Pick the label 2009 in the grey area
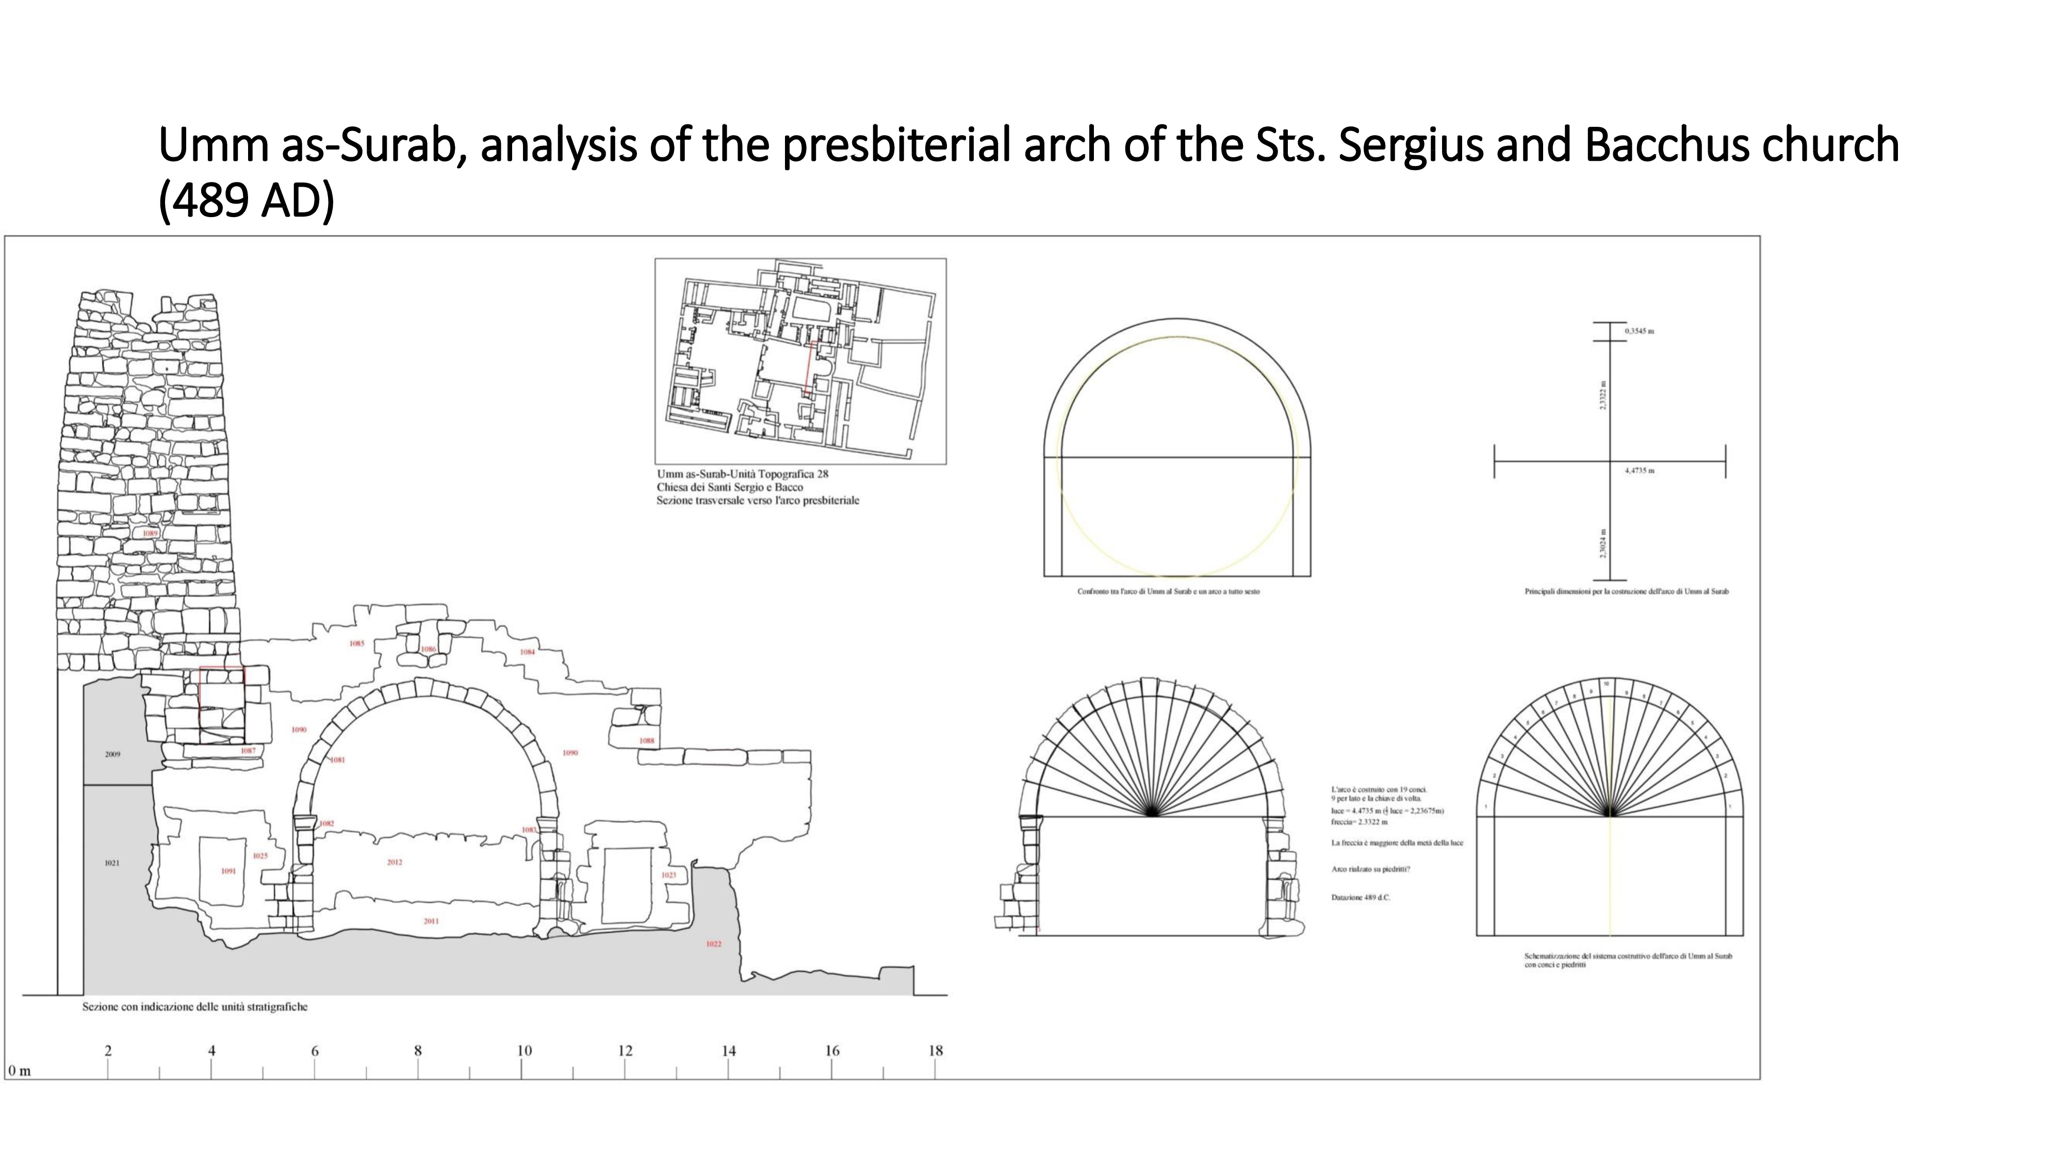(113, 754)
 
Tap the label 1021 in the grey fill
(112, 863)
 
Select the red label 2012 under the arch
(394, 862)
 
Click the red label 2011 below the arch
(431, 921)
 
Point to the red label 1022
(714, 944)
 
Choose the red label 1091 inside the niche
(228, 871)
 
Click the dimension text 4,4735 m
(1640, 471)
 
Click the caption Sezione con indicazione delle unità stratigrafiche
(194, 1007)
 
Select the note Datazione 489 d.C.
(1361, 898)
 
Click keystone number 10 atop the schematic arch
(1606, 684)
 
